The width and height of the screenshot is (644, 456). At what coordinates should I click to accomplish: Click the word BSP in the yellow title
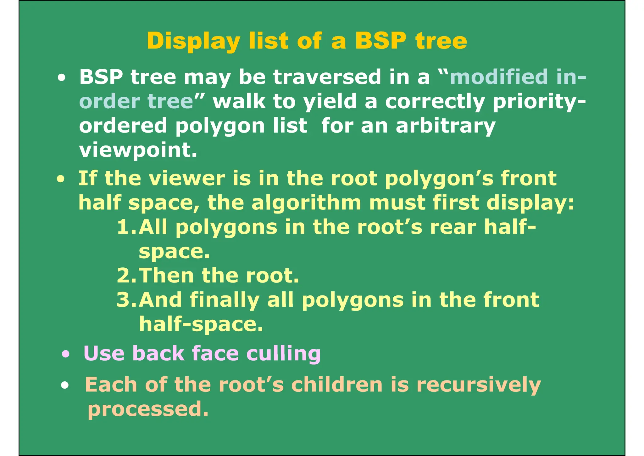tap(380, 41)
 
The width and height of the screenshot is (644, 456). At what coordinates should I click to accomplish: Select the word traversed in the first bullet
tap(327, 77)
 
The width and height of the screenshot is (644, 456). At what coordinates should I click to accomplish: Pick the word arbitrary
tap(446, 126)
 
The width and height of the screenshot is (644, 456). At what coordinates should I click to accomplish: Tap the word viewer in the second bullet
tap(187, 179)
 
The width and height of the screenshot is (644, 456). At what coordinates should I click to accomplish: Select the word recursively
tap(478, 385)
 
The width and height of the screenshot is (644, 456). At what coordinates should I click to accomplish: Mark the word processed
tap(148, 409)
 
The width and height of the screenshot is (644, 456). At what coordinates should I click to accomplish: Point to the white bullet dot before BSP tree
tap(62, 78)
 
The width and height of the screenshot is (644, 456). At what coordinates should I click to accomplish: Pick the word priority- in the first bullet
tap(539, 102)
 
